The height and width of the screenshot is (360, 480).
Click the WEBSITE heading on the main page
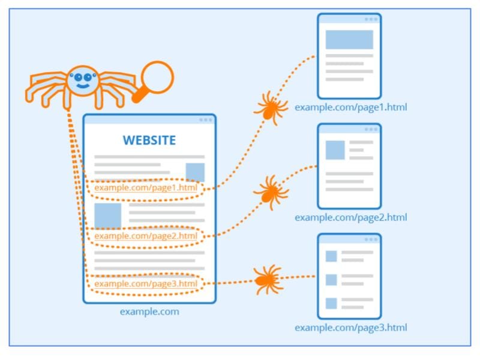[149, 140]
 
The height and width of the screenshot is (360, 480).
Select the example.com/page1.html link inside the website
[146, 188]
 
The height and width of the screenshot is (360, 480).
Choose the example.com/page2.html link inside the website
[146, 236]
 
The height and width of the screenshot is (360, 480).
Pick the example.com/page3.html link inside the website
[146, 283]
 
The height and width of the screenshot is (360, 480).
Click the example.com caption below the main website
[149, 311]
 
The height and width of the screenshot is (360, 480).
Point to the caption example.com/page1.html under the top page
[351, 107]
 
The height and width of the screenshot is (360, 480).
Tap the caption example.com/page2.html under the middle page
[351, 217]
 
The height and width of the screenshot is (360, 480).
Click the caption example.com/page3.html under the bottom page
[351, 328]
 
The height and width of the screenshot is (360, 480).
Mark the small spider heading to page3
[268, 280]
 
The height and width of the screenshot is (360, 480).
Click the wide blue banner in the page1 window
[349, 40]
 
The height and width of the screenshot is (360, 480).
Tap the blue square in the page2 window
[335, 150]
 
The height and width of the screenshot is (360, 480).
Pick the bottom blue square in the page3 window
[331, 302]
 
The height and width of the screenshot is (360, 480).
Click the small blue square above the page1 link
[195, 172]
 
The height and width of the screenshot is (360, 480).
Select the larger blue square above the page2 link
[108, 215]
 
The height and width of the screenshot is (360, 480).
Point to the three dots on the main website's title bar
[205, 119]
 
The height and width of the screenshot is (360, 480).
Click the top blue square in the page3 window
[331, 256]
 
